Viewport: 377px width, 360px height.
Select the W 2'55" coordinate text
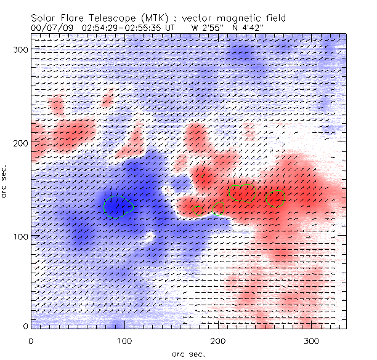pos(206,28)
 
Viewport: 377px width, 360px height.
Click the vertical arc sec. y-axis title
pos(5,182)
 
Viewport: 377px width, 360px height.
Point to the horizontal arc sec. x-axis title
pos(188,353)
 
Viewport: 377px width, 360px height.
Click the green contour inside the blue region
pos(118,206)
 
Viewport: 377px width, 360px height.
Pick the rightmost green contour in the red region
pos(275,199)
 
